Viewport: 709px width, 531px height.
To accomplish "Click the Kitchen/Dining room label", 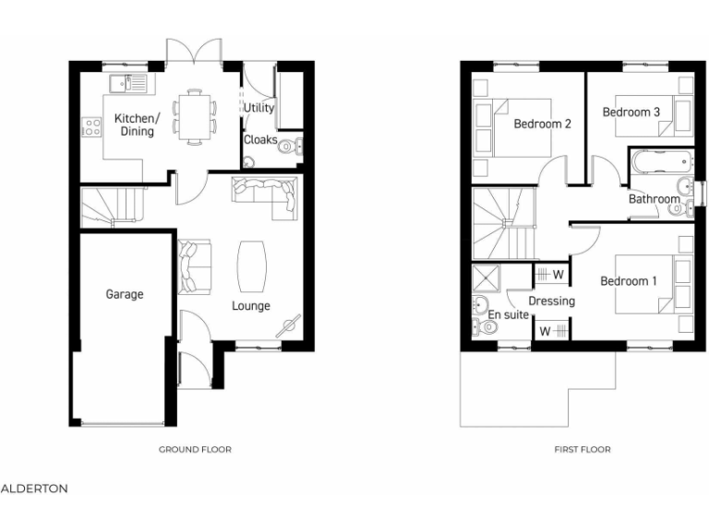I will pyautogui.click(x=136, y=124).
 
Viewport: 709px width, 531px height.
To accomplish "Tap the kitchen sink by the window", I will pyautogui.click(x=127, y=84).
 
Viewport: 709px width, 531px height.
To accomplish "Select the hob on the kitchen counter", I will pyautogui.click(x=90, y=127).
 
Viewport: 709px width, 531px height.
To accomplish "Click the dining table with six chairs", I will pyautogui.click(x=194, y=116).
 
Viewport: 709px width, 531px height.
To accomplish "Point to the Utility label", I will pyautogui.click(x=259, y=108).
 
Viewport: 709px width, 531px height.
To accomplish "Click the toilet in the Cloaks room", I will pyautogui.click(x=288, y=145).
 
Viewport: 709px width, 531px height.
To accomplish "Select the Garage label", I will pyautogui.click(x=124, y=294).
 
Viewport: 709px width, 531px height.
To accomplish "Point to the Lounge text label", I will pyautogui.click(x=250, y=306).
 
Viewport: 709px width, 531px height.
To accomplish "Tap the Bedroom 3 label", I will pyautogui.click(x=631, y=112).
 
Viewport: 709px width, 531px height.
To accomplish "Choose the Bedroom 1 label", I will pyautogui.click(x=629, y=281).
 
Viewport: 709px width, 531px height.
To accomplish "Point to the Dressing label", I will pyautogui.click(x=551, y=301).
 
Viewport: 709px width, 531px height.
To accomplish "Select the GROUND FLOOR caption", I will pyautogui.click(x=195, y=450).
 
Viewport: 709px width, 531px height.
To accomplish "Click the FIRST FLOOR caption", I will pyautogui.click(x=583, y=450).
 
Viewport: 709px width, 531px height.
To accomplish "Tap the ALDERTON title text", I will pyautogui.click(x=34, y=489).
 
